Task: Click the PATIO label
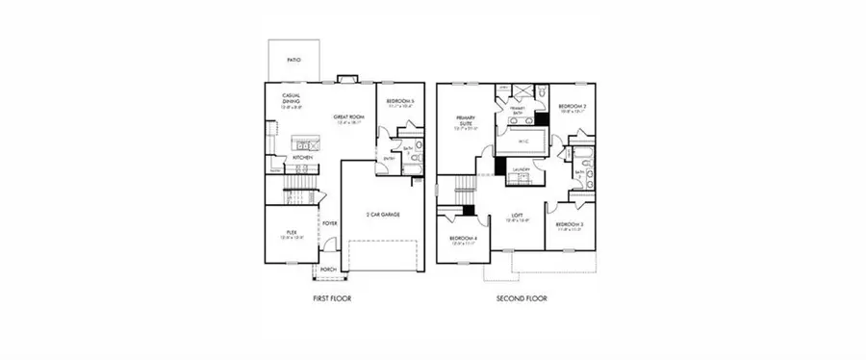(x=293, y=61)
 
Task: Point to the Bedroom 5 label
(x=399, y=101)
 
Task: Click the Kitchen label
(x=302, y=157)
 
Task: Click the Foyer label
(x=329, y=223)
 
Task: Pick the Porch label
(x=327, y=270)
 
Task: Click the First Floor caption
(x=332, y=299)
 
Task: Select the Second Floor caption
(x=522, y=299)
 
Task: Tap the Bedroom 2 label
(x=573, y=107)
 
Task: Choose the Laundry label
(x=522, y=168)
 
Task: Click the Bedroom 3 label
(x=569, y=225)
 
